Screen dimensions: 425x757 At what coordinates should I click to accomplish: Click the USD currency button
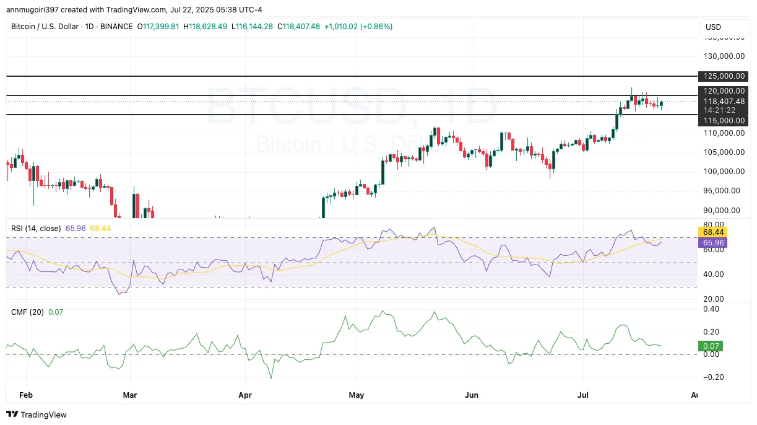714,27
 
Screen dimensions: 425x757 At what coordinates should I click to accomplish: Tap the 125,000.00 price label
723,76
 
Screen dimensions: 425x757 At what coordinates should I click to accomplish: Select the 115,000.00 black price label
723,121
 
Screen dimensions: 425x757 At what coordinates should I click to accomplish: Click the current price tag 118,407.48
723,101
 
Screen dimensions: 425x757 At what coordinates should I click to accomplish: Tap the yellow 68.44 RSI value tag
711,232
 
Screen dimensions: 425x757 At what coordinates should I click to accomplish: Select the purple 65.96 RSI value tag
711,243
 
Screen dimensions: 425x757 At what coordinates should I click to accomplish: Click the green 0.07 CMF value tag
710,346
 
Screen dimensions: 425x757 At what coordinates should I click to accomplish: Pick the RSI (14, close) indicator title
36,229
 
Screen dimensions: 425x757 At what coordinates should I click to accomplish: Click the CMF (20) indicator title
27,312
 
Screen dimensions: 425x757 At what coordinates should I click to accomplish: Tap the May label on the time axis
357,394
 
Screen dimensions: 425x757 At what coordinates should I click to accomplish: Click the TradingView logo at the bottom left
37,414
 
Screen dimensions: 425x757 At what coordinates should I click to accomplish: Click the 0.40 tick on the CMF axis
711,309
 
